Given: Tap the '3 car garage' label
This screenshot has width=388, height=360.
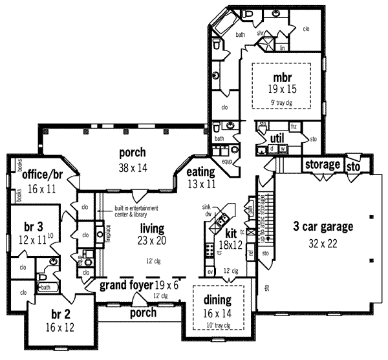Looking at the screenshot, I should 314,227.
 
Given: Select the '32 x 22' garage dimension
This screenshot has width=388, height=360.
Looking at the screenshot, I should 314,245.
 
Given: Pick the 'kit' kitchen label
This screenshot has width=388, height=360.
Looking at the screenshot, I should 230,233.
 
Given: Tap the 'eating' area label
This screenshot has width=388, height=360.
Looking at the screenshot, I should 200,173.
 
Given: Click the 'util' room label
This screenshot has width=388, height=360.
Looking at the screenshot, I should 277,138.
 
